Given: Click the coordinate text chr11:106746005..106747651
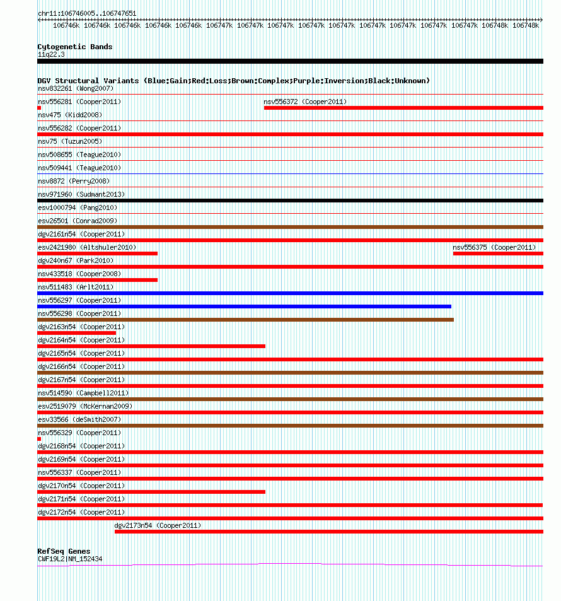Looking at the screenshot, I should (87, 13).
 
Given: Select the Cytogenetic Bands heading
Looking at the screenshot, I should (74, 47).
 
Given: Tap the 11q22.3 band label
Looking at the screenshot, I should (51, 54).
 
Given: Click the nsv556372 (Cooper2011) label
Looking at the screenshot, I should (305, 102).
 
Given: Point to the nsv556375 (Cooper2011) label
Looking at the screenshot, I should (494, 247).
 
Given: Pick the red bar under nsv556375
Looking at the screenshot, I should (497, 254).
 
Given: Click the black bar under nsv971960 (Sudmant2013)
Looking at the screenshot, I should (290, 201).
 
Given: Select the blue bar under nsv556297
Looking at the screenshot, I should (244, 306).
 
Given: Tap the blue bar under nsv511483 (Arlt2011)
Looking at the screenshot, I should (290, 293).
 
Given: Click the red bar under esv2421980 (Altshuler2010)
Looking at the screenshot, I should (98, 254).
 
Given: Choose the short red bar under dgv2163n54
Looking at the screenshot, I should (76, 333).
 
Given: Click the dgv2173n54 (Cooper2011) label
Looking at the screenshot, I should (158, 525).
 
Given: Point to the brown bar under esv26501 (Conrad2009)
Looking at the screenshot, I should (290, 227).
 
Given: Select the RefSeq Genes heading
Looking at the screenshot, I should (64, 551).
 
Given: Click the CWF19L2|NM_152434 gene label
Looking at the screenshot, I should (70, 559).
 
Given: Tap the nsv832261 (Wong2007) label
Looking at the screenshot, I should (76, 88).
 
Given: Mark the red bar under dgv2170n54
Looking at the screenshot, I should (151, 492).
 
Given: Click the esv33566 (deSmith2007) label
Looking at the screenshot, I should (79, 419).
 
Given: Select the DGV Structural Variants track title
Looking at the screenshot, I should (233, 81).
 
